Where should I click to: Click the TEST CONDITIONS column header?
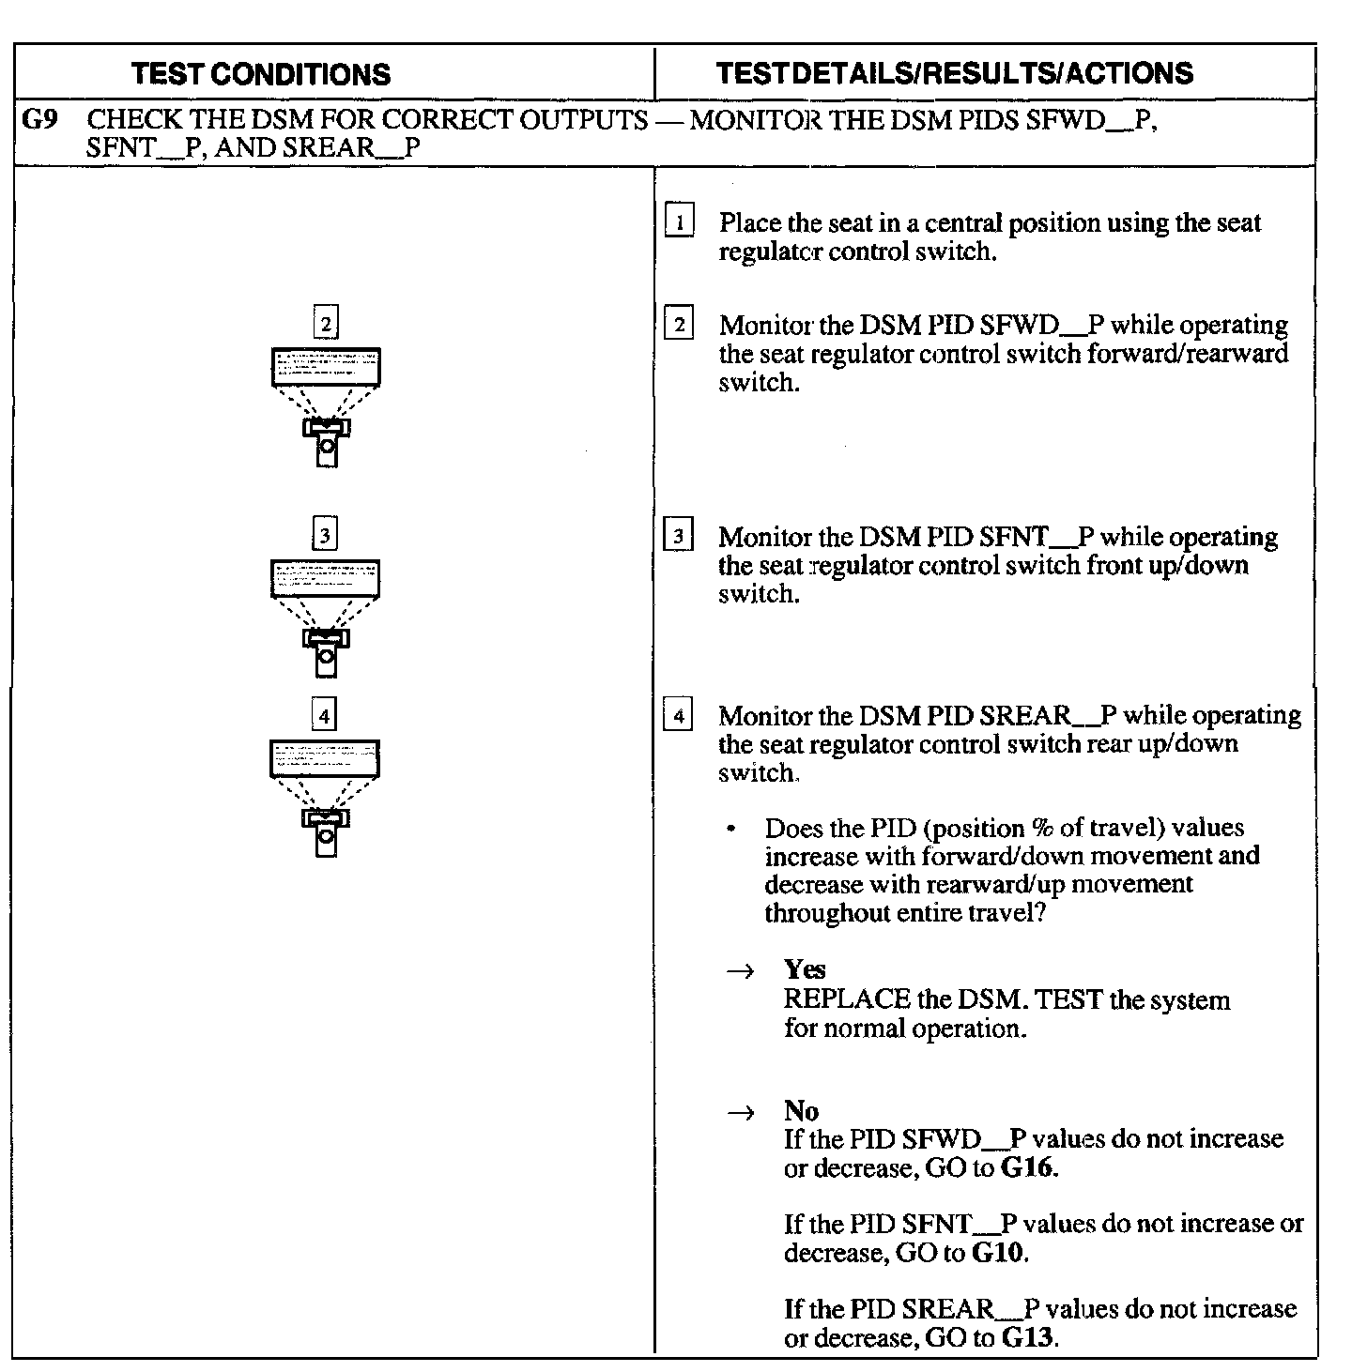(261, 74)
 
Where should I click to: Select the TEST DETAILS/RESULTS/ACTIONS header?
(954, 73)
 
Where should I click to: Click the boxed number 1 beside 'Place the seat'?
(679, 222)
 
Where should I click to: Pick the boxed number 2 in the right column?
(679, 326)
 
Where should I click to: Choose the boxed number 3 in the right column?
(679, 538)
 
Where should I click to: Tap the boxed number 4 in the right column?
(679, 717)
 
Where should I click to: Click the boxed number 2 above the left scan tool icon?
(325, 325)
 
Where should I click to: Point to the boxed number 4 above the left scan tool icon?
(324, 717)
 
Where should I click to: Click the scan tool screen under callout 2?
(326, 366)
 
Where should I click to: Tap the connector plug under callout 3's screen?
(326, 651)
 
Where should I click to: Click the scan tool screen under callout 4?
(325, 758)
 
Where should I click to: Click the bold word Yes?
(805, 968)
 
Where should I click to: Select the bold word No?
(801, 1111)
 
